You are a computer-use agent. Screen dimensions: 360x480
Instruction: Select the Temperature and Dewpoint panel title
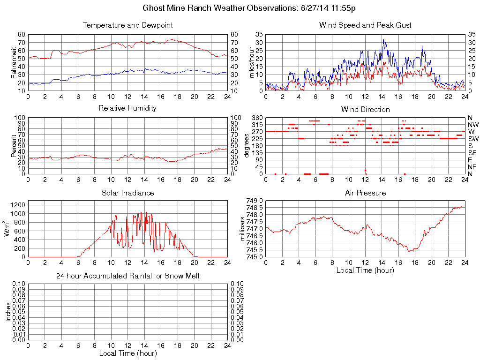[x=127, y=25]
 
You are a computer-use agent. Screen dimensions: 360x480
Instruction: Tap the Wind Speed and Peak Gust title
[x=365, y=25]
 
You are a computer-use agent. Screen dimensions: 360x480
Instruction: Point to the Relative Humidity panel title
[x=127, y=108]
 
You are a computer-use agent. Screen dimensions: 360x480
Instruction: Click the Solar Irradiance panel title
[x=127, y=193]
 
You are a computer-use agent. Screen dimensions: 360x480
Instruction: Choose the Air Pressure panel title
[x=365, y=193]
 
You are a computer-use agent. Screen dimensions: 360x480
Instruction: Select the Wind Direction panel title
[x=365, y=110]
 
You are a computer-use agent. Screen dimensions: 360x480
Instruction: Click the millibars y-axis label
[x=243, y=229]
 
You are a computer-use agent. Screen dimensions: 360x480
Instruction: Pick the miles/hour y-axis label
[x=251, y=63]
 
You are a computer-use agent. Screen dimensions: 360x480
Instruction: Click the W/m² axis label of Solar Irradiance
[x=8, y=229]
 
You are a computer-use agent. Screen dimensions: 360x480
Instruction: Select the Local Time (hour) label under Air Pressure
[x=365, y=270]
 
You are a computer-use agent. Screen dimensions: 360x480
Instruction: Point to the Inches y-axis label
[x=8, y=312]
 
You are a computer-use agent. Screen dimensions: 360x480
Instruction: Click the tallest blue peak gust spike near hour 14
[x=383, y=40]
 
